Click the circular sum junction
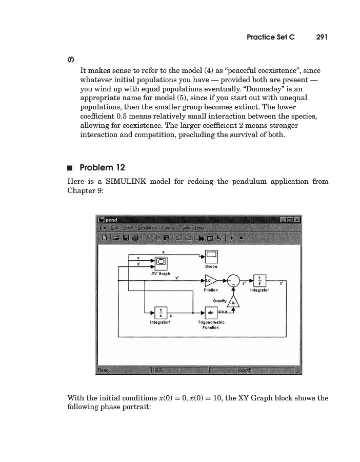tap(234, 281)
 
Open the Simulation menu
tap(148, 228)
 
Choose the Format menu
tap(168, 228)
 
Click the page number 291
tap(322, 37)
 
